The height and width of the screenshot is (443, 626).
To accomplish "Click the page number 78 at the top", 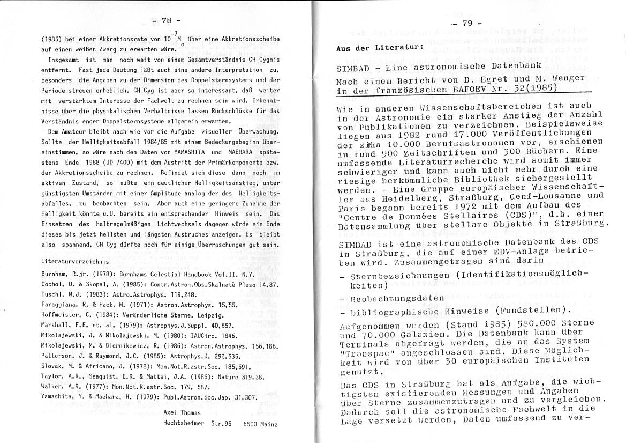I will [x=167, y=20].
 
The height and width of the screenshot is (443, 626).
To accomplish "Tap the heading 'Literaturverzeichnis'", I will [x=75, y=261].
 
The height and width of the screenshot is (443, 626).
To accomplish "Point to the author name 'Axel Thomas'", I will [x=183, y=413].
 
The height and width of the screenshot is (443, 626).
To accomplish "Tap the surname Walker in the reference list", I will [x=52, y=388].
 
